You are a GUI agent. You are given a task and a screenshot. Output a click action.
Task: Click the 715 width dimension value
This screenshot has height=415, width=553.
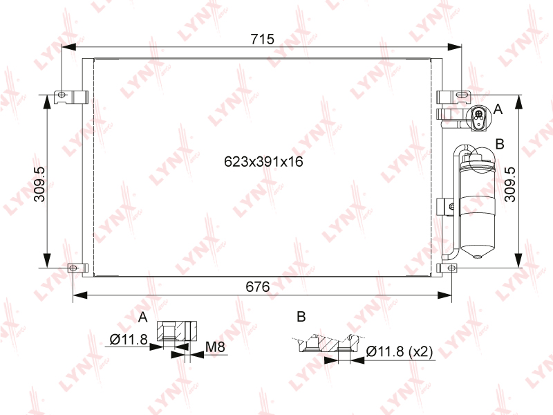coord(262,39)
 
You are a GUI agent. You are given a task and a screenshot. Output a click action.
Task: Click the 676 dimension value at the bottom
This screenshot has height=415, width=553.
coord(257,286)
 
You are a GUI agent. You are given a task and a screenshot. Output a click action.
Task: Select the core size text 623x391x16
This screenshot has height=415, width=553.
coord(263,162)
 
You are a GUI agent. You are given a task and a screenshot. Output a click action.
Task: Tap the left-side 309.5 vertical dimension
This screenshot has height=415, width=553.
coord(39,184)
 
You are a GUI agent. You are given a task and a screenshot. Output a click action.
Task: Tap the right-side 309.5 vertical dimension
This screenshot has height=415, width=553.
coord(510,184)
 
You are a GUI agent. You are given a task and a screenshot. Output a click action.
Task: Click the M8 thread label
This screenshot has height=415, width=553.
coord(215,347)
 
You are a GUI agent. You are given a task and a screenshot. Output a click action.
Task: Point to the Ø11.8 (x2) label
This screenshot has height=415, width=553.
coord(400,351)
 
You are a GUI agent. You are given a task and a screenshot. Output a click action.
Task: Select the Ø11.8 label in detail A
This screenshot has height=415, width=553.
coord(129,340)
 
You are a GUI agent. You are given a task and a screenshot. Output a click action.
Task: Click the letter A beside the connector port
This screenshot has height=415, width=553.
coord(498,109)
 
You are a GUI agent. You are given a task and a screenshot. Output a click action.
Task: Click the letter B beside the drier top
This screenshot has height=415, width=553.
coord(500,144)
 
